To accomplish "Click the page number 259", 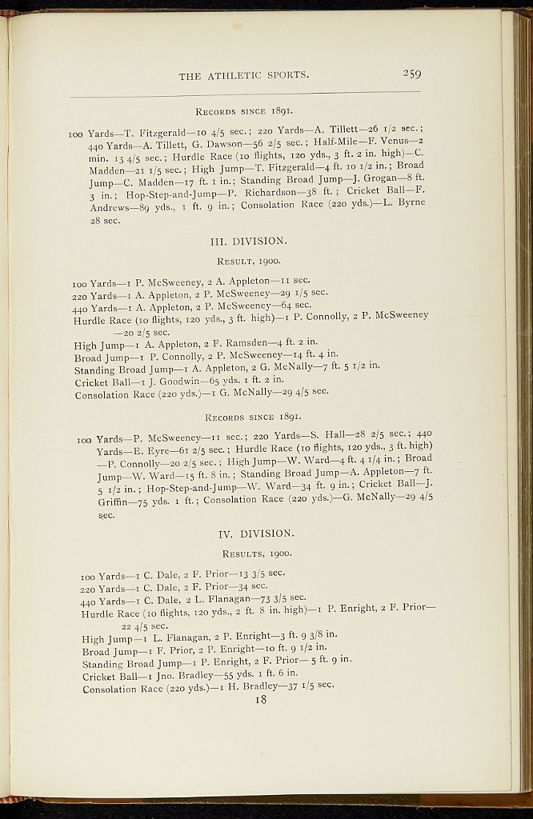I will point(411,74).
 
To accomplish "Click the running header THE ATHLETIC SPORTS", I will point(244,76).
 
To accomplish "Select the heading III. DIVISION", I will point(248,240).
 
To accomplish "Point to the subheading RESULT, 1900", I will point(249,261).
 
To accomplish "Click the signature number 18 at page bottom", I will point(260,700).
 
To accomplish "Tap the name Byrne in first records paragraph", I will point(408,202).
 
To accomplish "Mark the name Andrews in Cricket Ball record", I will point(111,206).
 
